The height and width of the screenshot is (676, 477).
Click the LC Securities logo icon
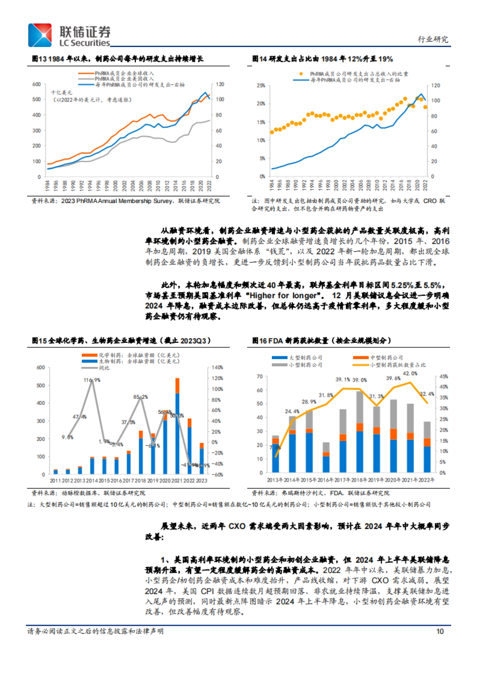[40, 35]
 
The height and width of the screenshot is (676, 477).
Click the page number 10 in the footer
[440, 631]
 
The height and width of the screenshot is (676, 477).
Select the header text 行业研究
[433, 39]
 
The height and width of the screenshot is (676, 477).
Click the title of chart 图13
[118, 59]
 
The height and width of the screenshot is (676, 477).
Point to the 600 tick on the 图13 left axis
[37, 84]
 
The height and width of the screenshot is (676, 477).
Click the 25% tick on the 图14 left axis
[261, 86]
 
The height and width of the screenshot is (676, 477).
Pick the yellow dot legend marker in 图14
[301, 74]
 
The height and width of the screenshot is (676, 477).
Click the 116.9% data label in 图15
[92, 380]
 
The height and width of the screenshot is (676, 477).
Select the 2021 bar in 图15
[177, 426]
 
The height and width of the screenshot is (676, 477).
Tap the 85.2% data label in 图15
[140, 397]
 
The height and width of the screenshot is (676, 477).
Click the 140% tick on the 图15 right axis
[217, 367]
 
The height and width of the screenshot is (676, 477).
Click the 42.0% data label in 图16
[410, 373]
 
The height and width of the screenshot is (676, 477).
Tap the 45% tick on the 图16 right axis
[444, 376]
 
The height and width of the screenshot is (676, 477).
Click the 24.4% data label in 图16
[292, 411]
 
